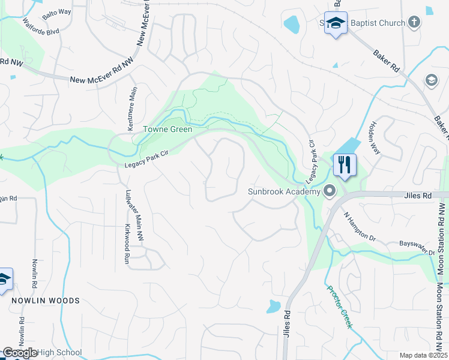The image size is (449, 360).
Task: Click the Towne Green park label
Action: click(167, 129)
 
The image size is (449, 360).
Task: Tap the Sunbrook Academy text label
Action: click(285, 192)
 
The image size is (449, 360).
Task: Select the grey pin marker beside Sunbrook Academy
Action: click(330, 191)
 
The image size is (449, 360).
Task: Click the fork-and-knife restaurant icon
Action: click(344, 164)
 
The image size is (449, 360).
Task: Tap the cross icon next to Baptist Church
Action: click(414, 23)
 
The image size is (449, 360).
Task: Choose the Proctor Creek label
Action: click(340, 307)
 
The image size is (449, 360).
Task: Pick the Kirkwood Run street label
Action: click(127, 246)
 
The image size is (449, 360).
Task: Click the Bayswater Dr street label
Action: click(417, 248)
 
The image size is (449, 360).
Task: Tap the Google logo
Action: click(20, 353)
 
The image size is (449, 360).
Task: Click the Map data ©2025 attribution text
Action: click(423, 355)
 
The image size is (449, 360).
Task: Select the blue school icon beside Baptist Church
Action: click(336, 23)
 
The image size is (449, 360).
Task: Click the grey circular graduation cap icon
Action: click(432, 80)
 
